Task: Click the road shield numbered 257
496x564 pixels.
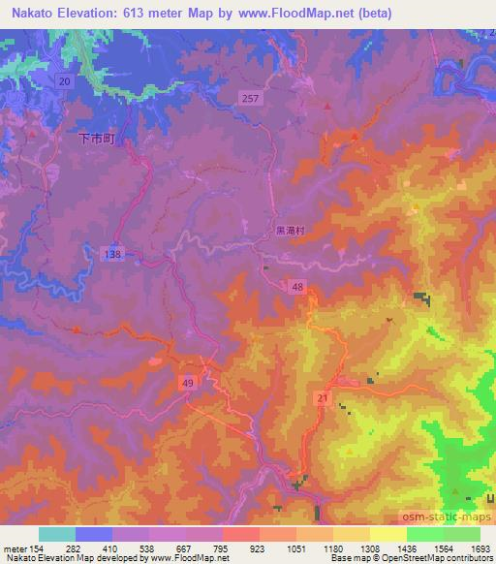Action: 250,98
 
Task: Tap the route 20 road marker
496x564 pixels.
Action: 64,82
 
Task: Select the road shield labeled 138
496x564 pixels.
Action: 113,252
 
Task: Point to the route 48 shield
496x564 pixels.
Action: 297,287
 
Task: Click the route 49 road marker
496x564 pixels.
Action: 188,385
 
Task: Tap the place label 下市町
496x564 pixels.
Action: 96,140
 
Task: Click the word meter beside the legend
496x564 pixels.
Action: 14,549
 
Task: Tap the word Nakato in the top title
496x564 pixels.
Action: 29,12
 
